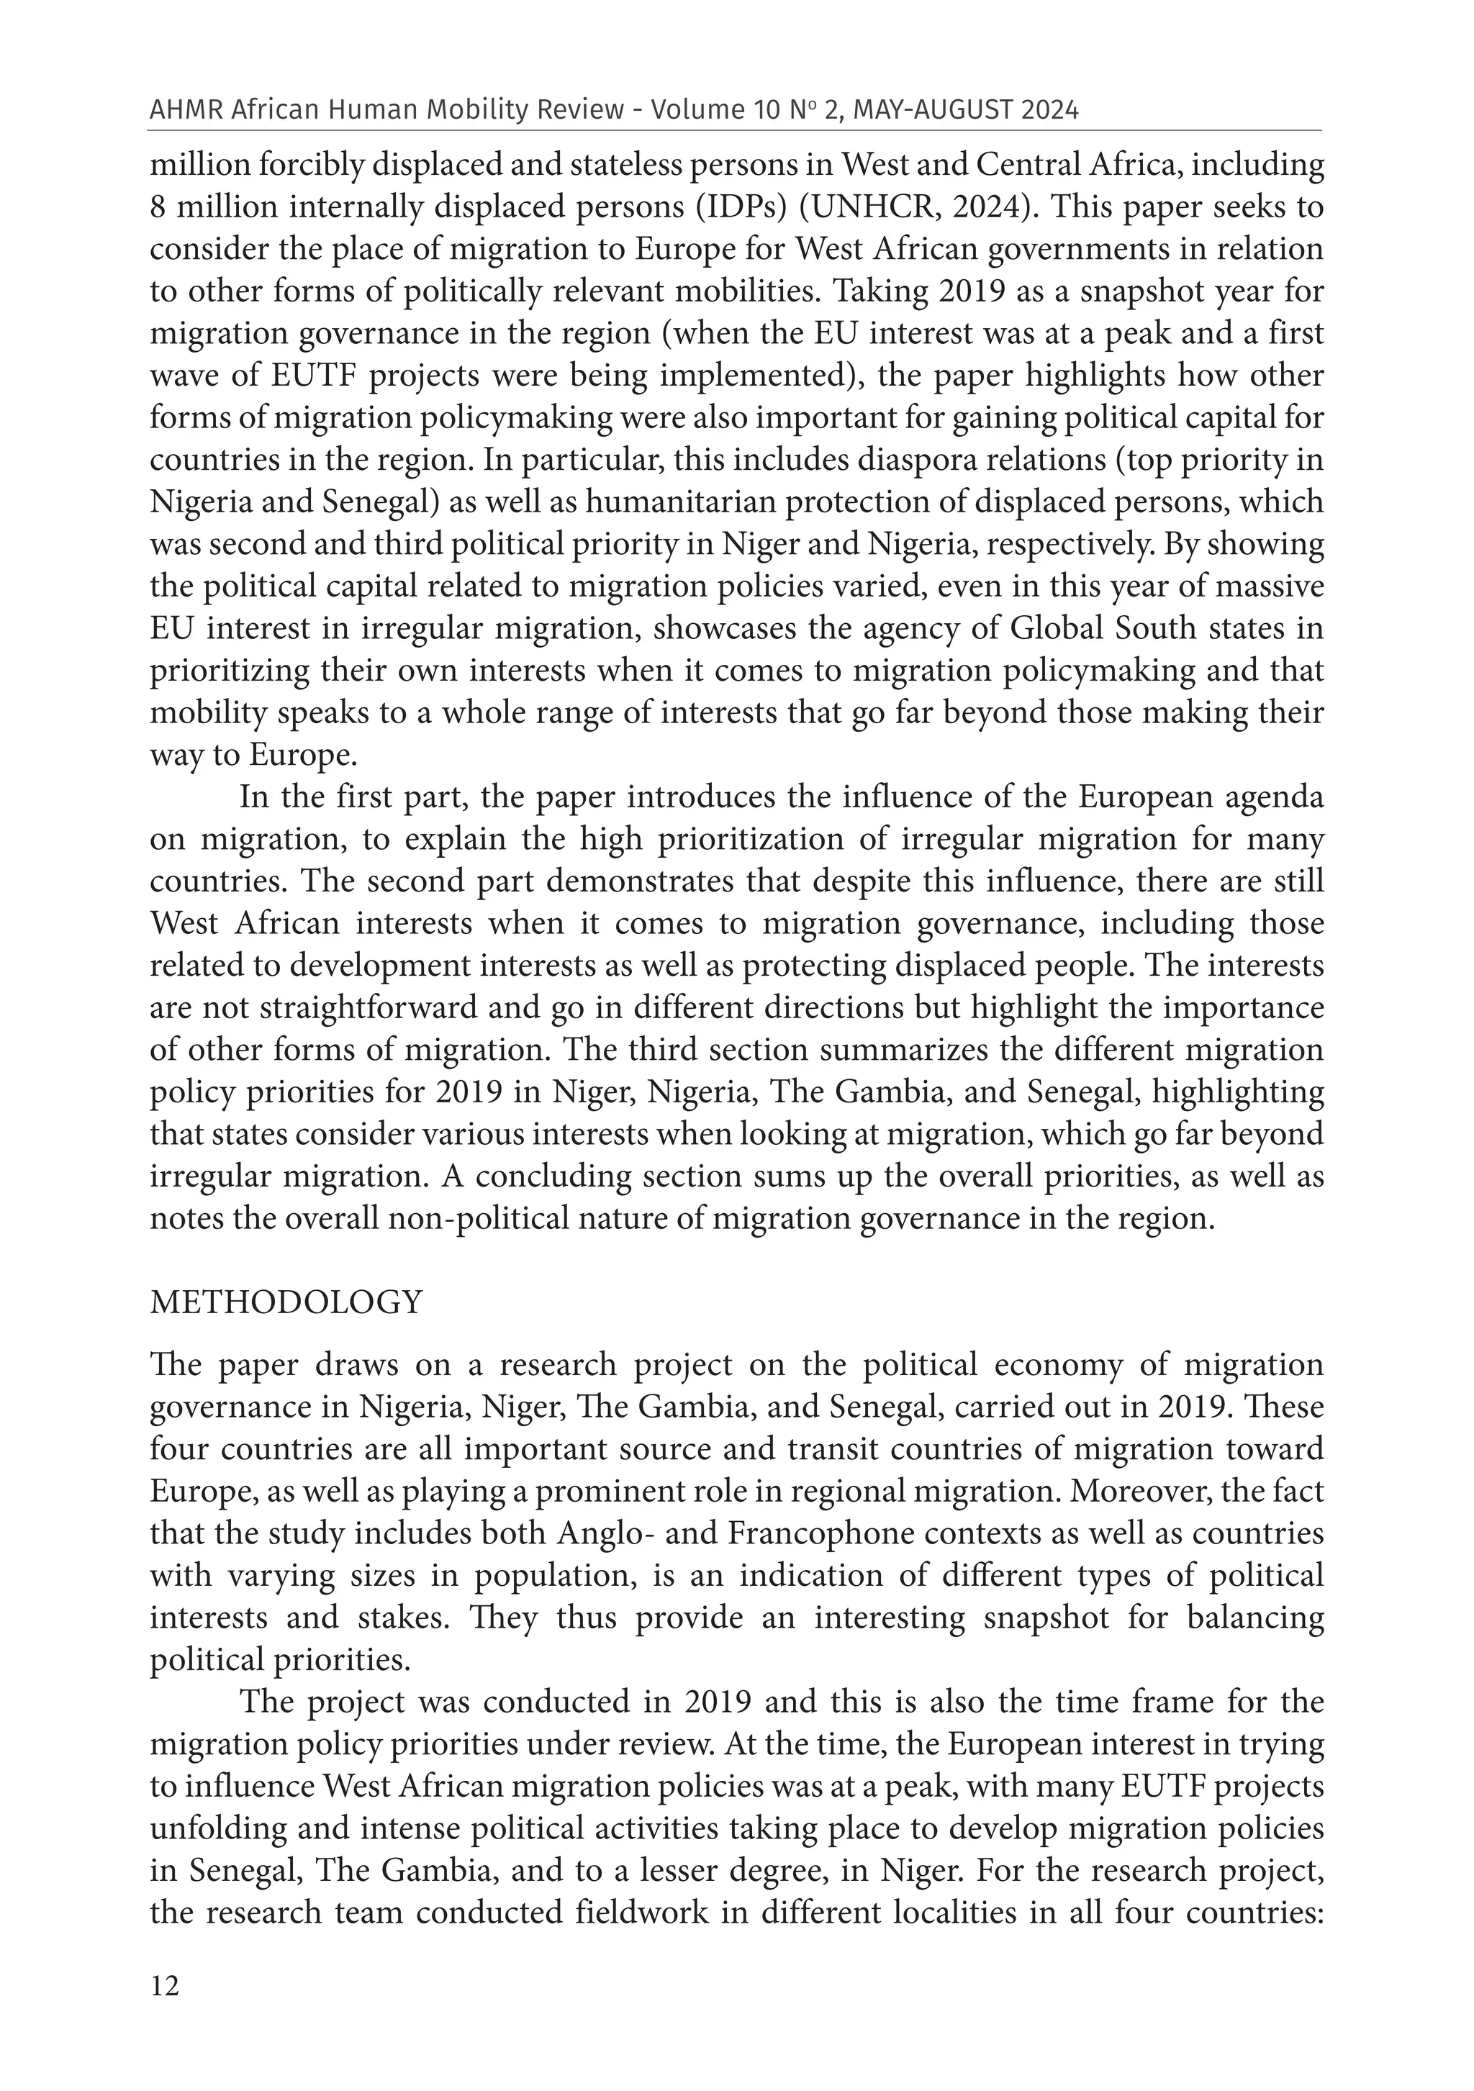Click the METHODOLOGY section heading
click(x=286, y=1302)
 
